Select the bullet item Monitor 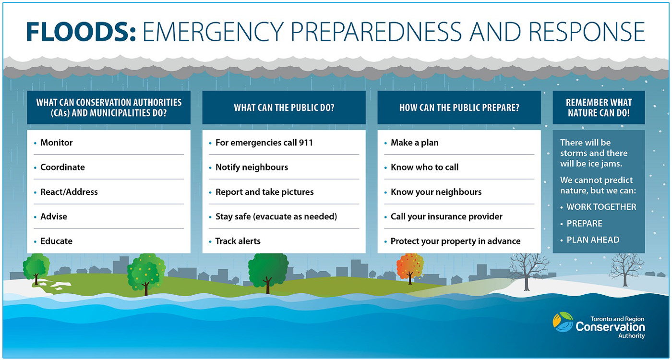point(57,143)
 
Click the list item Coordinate point(62,167)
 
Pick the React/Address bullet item point(69,192)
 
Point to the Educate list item point(57,241)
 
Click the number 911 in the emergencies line point(306,143)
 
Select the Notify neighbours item point(252,167)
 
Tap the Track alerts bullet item point(238,241)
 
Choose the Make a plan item point(414,143)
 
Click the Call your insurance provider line point(446,216)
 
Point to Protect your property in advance point(456,241)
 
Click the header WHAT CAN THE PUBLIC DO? point(284,108)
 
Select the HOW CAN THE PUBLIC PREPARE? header point(459,108)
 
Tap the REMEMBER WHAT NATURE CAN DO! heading point(599,108)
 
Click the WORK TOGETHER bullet point(601,207)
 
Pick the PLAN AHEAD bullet point(593,240)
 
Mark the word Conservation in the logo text point(610,327)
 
